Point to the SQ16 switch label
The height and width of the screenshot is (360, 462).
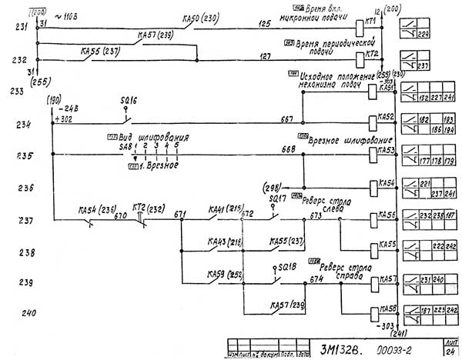click(x=129, y=101)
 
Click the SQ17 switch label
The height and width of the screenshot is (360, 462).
click(x=278, y=198)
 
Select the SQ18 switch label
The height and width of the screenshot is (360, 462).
click(x=286, y=266)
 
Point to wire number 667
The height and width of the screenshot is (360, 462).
click(x=286, y=118)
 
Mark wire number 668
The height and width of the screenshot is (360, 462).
click(x=289, y=148)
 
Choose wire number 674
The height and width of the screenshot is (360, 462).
click(x=316, y=279)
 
